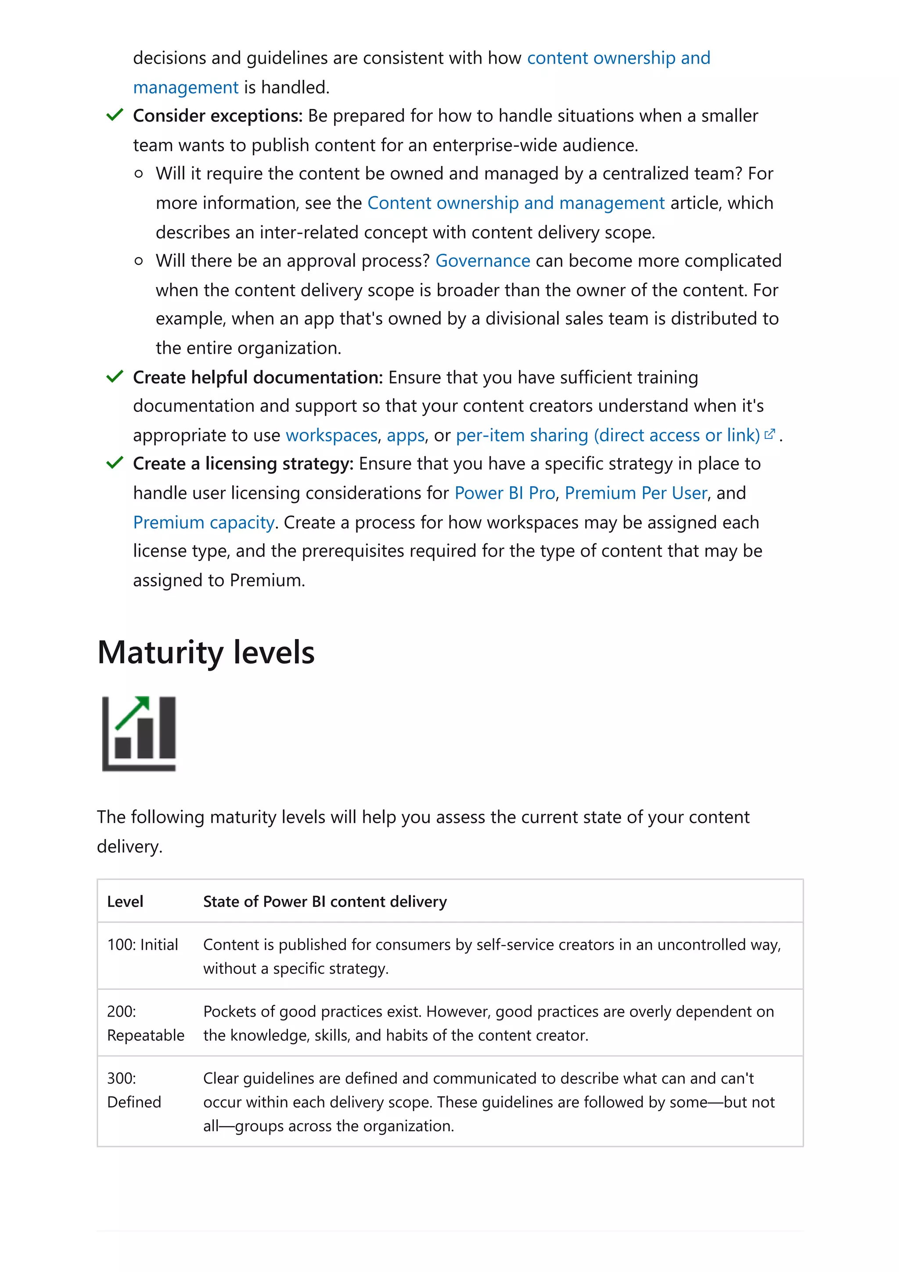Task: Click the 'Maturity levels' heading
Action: [205, 652]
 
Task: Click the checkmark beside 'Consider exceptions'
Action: [115, 115]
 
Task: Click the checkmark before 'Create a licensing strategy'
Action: [115, 463]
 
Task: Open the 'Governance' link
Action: [482, 260]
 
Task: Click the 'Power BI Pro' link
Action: [505, 492]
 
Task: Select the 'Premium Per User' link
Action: [636, 492]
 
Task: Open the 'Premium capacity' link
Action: [204, 522]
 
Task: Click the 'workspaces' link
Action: [331, 435]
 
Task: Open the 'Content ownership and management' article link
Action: [516, 203]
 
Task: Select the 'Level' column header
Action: [125, 902]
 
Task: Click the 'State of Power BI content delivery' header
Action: [324, 902]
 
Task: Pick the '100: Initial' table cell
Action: [142, 945]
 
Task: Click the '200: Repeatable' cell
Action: [145, 1023]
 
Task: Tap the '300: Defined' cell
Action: [134, 1090]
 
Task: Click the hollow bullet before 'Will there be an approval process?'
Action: [138, 261]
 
